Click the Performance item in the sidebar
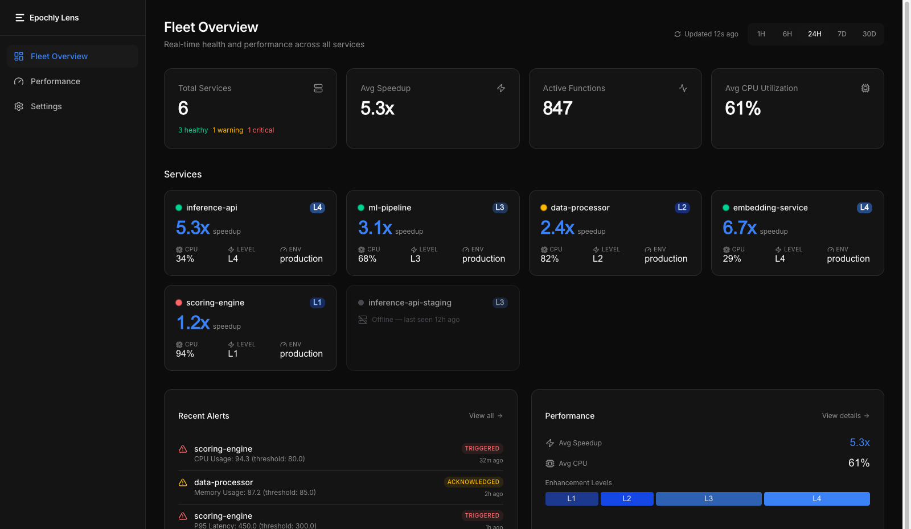55,81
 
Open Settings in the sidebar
46,106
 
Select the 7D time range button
842,34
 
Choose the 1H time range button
761,34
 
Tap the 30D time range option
869,34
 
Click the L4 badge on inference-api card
317,208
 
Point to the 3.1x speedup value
375,228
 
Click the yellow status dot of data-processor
544,208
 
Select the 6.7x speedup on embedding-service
739,228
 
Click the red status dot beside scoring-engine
179,303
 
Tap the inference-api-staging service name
409,303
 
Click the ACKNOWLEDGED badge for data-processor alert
473,482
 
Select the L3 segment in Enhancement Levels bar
708,499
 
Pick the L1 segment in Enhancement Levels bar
571,499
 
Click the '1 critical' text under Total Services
261,130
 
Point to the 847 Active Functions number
557,108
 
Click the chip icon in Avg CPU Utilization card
865,88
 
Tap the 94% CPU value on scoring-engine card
185,354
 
